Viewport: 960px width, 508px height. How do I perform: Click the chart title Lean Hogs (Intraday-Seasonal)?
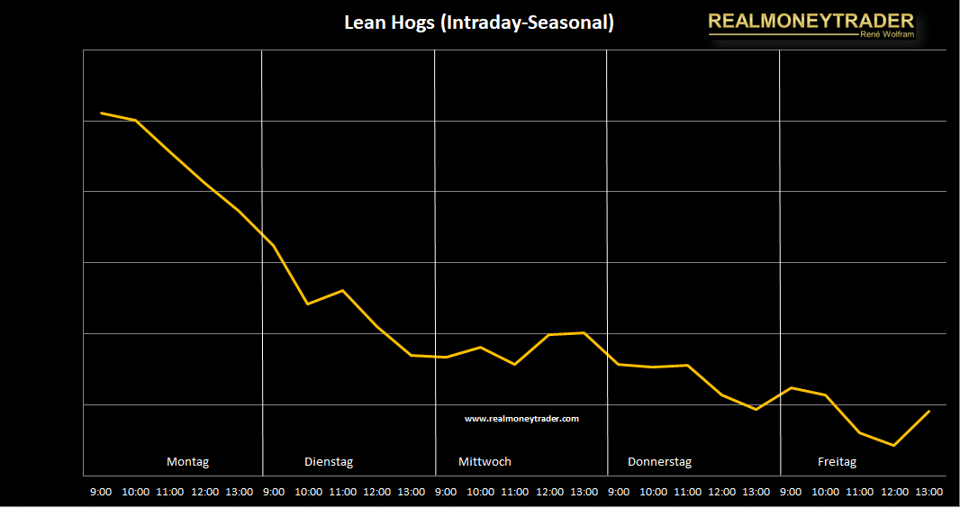pos(479,23)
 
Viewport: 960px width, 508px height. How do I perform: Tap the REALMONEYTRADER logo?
pos(811,21)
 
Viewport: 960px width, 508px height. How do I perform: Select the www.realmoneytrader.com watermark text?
pos(521,418)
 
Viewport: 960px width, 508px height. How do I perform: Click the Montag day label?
pos(187,462)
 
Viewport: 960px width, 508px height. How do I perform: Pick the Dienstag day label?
pos(329,462)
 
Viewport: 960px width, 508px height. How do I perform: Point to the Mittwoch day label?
pos(485,462)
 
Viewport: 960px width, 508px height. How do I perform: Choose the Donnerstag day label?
pos(659,462)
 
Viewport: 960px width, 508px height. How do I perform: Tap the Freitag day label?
pos(837,462)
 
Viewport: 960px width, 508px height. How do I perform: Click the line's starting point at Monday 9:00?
pos(101,113)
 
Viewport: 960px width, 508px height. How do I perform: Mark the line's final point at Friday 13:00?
pos(928,411)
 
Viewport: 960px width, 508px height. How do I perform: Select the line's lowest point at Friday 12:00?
pos(893,445)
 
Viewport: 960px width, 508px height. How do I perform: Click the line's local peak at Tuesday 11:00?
pos(342,290)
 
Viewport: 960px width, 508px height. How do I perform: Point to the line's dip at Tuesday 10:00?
pos(308,304)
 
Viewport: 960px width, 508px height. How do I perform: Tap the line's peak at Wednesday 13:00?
pos(584,332)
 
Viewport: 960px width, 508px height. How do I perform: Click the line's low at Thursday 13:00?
pos(756,409)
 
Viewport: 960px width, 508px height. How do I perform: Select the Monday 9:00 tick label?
pos(101,492)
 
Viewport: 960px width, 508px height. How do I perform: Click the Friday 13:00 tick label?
pos(928,492)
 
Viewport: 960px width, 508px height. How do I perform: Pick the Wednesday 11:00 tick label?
pos(514,492)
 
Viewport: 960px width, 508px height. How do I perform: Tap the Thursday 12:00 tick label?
pos(721,492)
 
